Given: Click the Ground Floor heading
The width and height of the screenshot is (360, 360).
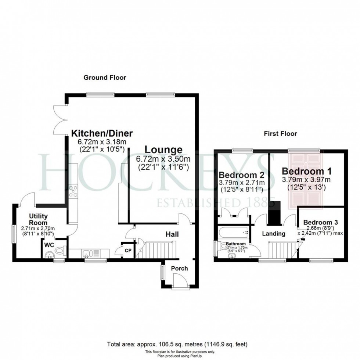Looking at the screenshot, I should pyautogui.click(x=105, y=78).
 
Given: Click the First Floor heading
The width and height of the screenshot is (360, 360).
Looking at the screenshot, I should pyautogui.click(x=280, y=134).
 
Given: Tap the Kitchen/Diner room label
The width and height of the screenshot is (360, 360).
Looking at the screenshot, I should pyautogui.click(x=102, y=133).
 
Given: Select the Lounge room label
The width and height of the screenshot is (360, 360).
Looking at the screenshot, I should pyautogui.click(x=163, y=150).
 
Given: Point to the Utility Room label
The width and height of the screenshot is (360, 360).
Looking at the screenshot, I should pyautogui.click(x=39, y=220).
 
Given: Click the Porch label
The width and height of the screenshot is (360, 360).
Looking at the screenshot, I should pyautogui.click(x=180, y=269).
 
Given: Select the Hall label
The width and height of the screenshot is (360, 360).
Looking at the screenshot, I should pyautogui.click(x=172, y=234).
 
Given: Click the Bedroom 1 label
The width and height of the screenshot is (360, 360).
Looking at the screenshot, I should pyautogui.click(x=306, y=171).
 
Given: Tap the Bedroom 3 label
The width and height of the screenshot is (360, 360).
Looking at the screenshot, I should pyautogui.click(x=320, y=222).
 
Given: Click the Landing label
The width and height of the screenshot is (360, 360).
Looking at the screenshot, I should pyautogui.click(x=274, y=234).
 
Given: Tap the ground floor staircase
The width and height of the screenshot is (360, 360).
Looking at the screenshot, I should pyautogui.click(x=156, y=250).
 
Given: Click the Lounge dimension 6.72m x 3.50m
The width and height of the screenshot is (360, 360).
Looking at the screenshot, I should pyautogui.click(x=163, y=159).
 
